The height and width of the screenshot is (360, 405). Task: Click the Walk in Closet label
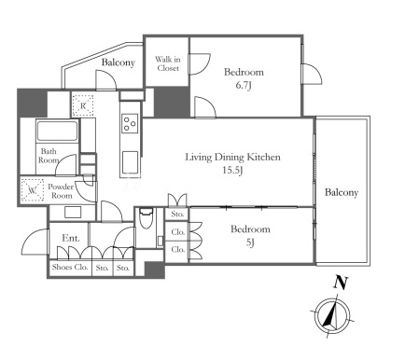[168, 63]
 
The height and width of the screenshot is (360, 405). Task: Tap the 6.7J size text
[244, 86]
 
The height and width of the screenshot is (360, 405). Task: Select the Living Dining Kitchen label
[233, 157]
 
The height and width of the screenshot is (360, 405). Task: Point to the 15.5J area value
[232, 170]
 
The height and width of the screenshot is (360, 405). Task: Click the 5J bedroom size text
[250, 242]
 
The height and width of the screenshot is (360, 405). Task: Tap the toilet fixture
[146, 218]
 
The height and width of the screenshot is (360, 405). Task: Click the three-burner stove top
[130, 123]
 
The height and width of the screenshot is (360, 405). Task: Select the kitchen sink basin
[130, 161]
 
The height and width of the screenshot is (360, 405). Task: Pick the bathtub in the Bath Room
[57, 131]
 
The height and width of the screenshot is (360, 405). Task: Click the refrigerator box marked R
[83, 105]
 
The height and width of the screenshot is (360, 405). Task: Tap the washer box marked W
[33, 189]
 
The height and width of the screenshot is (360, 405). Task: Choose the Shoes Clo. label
[70, 267]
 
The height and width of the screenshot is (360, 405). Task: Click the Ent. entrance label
[71, 238]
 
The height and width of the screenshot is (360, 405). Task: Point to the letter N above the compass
[341, 283]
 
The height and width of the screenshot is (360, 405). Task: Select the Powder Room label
[61, 191]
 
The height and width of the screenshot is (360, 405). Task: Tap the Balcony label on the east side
[342, 192]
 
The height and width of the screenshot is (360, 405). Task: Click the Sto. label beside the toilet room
[178, 215]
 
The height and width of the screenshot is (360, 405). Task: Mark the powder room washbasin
[73, 213]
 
